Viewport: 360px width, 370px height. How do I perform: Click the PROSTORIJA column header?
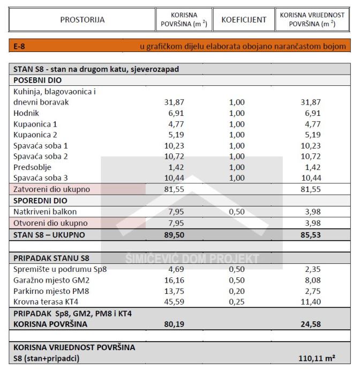tap(82, 20)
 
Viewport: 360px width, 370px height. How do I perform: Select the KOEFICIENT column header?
tap(244, 20)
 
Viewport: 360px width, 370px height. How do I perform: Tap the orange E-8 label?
tap(19, 47)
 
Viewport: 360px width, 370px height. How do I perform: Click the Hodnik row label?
tap(26, 113)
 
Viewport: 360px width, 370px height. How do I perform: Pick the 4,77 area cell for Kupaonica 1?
tap(172, 124)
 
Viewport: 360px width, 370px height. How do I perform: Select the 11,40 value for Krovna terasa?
tap(311, 301)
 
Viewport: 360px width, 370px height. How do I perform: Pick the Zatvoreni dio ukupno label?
tap(52, 189)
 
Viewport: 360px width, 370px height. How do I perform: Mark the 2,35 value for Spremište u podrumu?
tap(311, 269)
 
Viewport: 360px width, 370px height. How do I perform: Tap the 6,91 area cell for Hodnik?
tap(172, 113)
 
